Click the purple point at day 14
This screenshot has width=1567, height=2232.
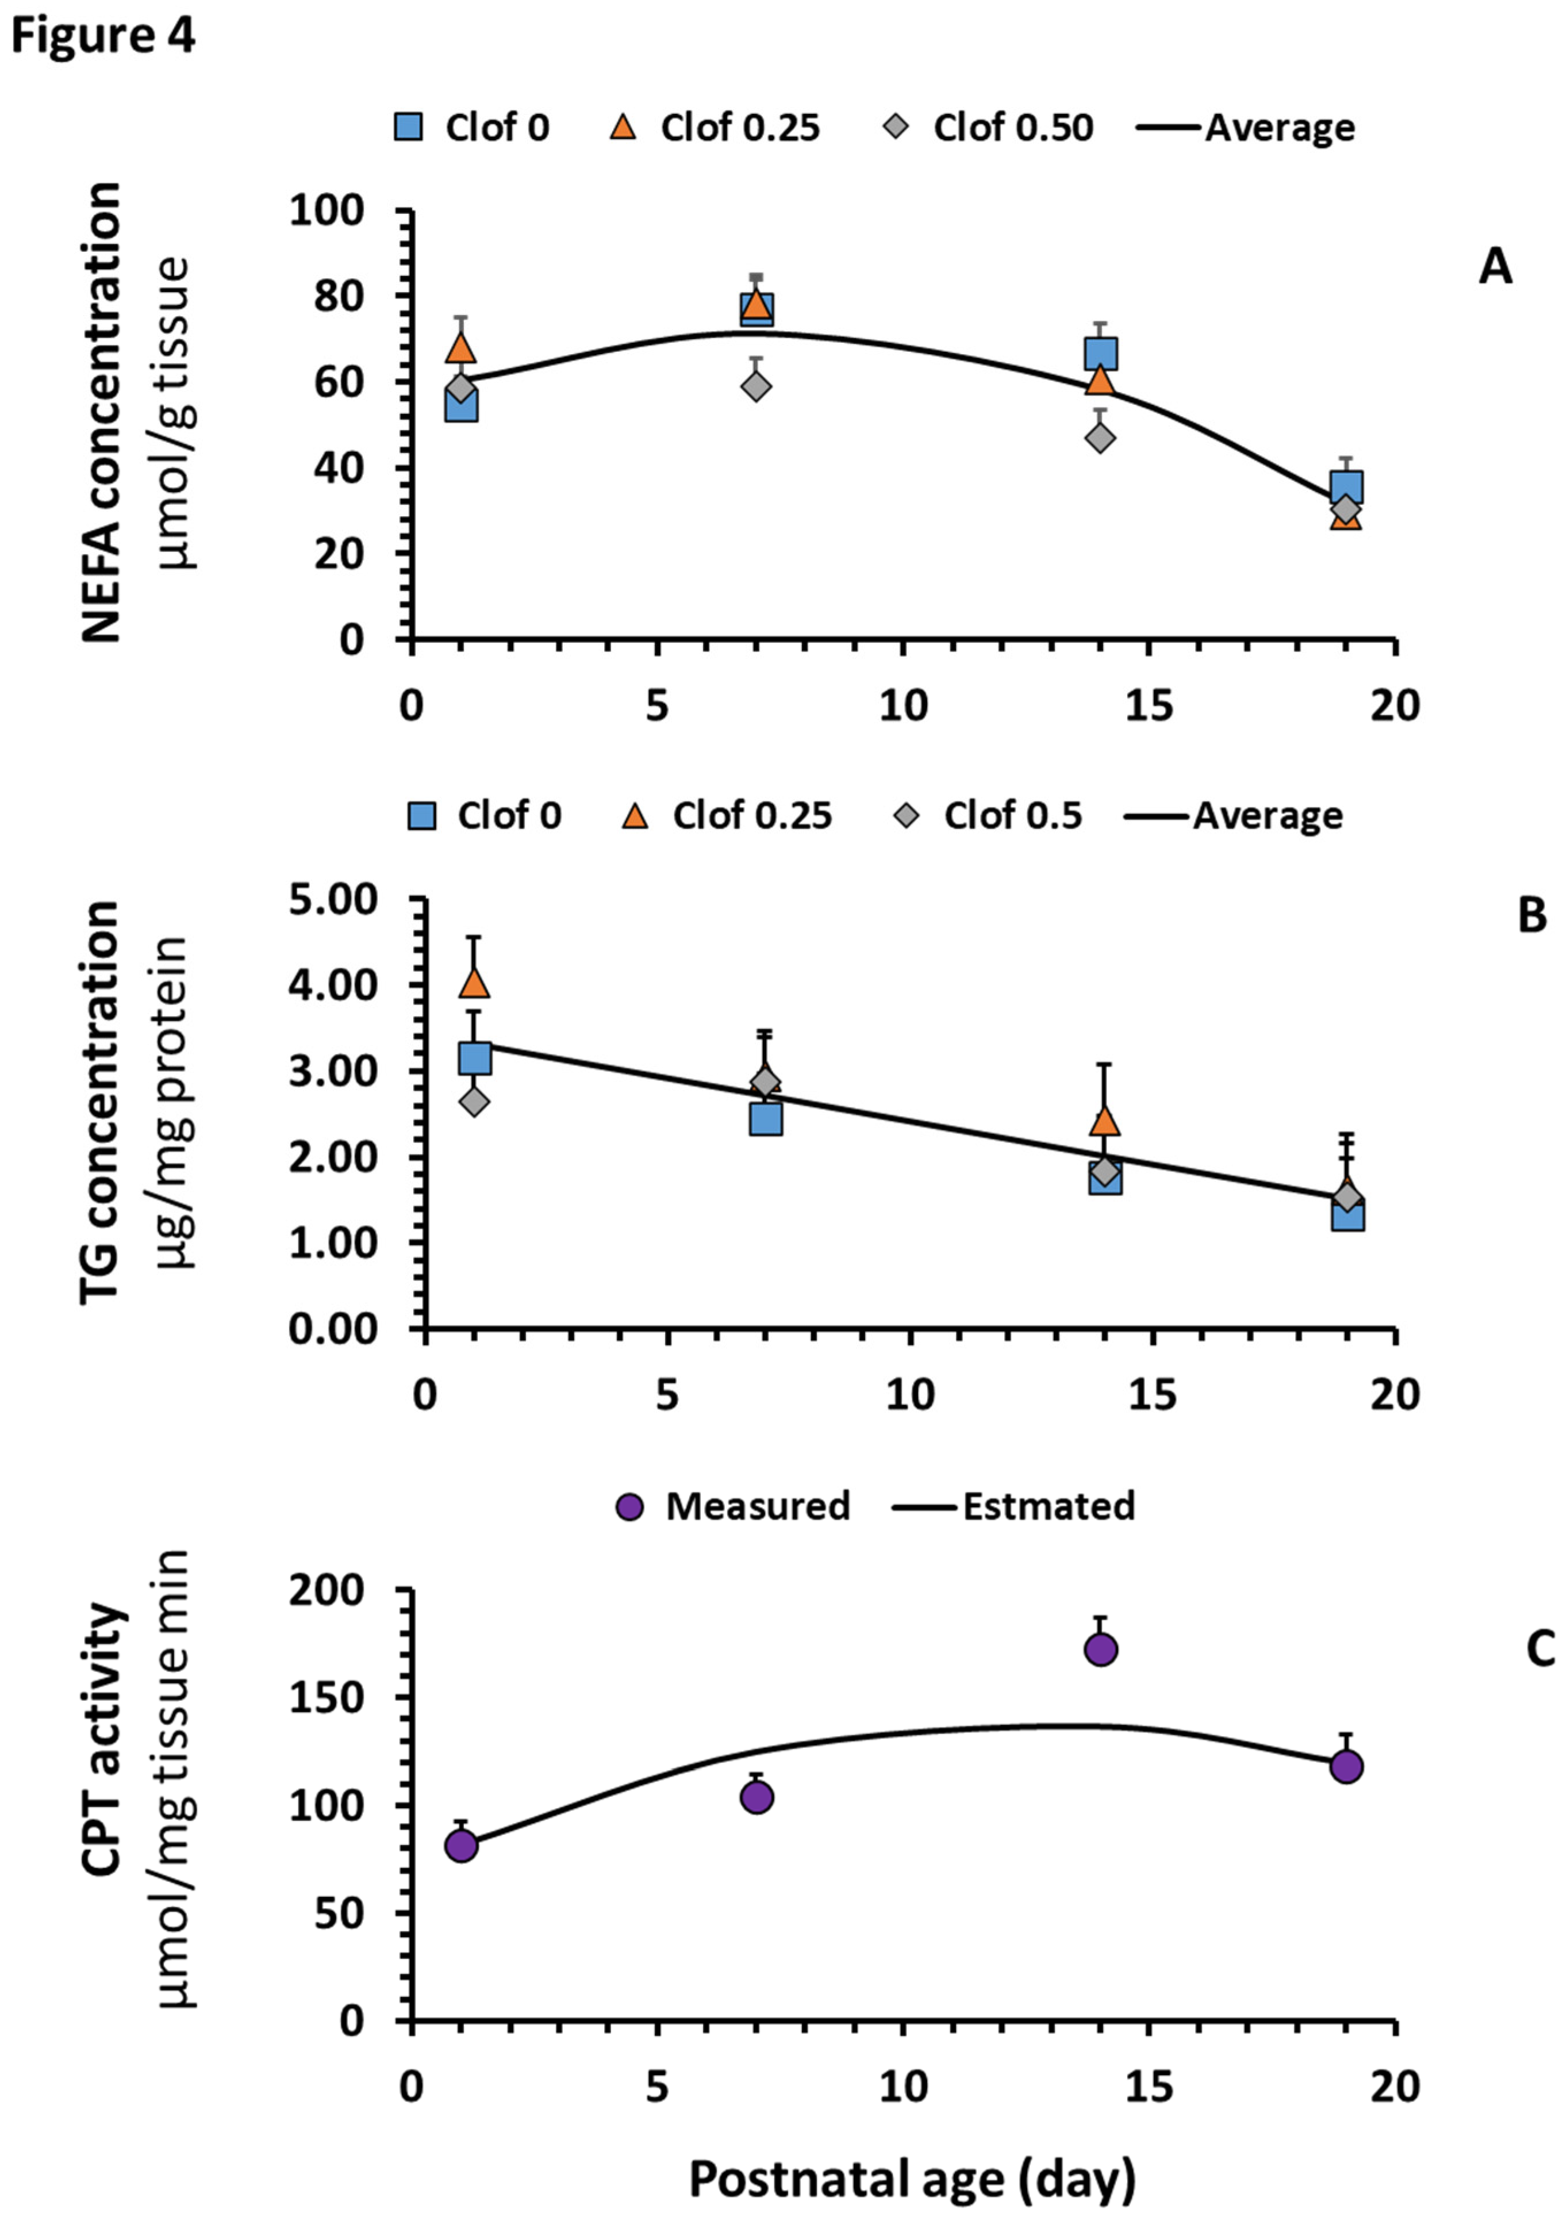[1100, 1649]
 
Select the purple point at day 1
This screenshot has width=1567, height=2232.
[461, 1845]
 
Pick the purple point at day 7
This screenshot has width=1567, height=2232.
[757, 1797]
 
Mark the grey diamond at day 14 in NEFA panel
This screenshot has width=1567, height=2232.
[1100, 439]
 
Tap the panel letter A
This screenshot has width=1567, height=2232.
[1495, 266]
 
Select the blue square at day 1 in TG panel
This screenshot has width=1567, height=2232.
[474, 1058]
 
